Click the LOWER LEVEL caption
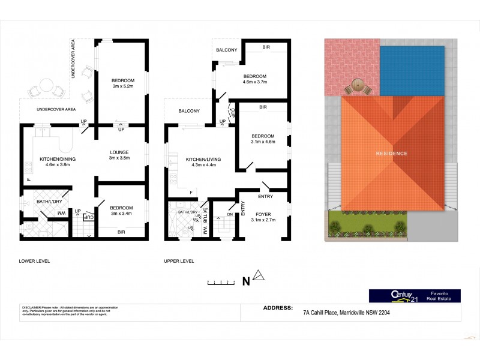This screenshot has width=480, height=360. (x=34, y=261)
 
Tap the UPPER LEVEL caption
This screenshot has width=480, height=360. (x=179, y=261)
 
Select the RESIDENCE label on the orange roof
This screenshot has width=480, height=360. (x=392, y=154)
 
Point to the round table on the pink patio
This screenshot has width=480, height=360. (x=358, y=85)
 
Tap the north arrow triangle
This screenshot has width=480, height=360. (x=258, y=277)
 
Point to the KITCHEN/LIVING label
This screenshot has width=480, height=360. (x=202, y=158)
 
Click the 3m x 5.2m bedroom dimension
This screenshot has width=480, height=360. (x=122, y=86)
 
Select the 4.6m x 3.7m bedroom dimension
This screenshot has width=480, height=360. (x=254, y=82)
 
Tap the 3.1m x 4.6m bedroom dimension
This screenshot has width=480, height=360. (x=262, y=142)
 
